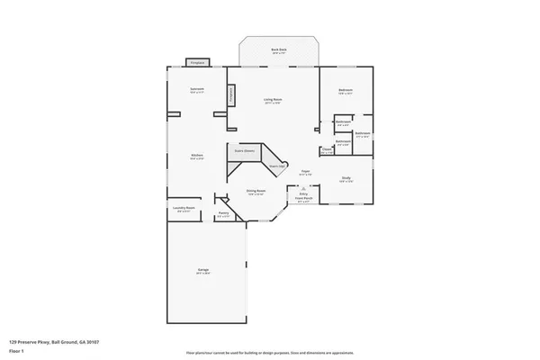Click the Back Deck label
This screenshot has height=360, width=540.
279,51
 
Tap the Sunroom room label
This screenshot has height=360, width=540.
196,89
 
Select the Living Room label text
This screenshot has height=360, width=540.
273,100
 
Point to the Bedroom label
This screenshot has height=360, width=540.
346,90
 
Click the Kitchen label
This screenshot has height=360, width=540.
196,156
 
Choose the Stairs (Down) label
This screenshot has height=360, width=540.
244,150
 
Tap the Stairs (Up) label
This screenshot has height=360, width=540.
276,166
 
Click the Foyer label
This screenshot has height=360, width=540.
306,171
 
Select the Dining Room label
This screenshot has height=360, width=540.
256,191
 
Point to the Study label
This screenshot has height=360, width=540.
346,178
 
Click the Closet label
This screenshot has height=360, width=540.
326,150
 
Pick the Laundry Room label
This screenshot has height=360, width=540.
184,209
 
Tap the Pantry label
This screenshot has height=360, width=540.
223,214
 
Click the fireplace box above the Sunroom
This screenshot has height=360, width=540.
197,62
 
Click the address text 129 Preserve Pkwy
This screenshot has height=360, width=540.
54,342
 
